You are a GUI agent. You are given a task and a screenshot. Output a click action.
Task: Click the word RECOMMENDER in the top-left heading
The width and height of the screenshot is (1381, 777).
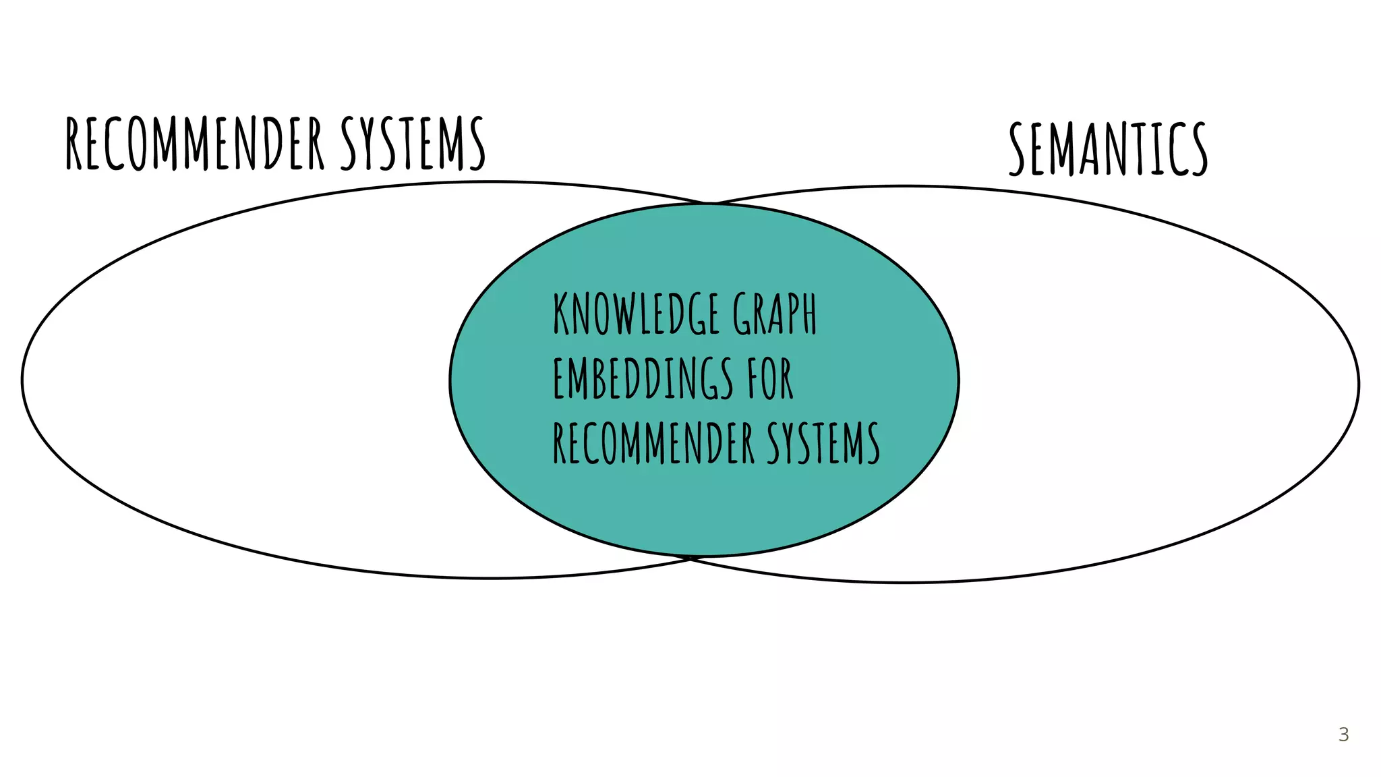pos(196,143)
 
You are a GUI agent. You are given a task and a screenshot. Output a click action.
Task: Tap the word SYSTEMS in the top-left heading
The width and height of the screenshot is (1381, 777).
pos(413,143)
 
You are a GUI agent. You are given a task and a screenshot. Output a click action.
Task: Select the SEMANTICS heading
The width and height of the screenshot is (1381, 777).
pos(1108,148)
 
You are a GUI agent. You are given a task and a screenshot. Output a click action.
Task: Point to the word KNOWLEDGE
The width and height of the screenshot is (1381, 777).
pos(637,314)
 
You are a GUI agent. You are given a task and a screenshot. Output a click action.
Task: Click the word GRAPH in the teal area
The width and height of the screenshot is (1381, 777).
pos(775,314)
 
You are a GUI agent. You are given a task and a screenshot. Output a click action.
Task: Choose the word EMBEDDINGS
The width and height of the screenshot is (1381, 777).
pos(643,378)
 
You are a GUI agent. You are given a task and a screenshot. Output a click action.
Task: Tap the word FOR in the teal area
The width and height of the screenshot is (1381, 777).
pos(770,378)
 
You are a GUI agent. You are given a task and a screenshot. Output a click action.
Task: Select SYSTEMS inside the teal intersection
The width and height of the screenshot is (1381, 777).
pos(823,443)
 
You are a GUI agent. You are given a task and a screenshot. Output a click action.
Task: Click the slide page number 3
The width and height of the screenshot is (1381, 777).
pos(1343,735)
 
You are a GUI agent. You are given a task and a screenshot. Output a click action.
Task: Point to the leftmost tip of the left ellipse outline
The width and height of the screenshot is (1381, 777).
pos(22,380)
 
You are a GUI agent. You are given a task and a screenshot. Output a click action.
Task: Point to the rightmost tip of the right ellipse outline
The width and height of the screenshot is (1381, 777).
pos(1358,384)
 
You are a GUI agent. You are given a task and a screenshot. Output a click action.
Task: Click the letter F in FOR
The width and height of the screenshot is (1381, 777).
pos(753,378)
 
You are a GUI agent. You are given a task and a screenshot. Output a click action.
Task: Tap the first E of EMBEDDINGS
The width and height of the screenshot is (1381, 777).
pos(558,378)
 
